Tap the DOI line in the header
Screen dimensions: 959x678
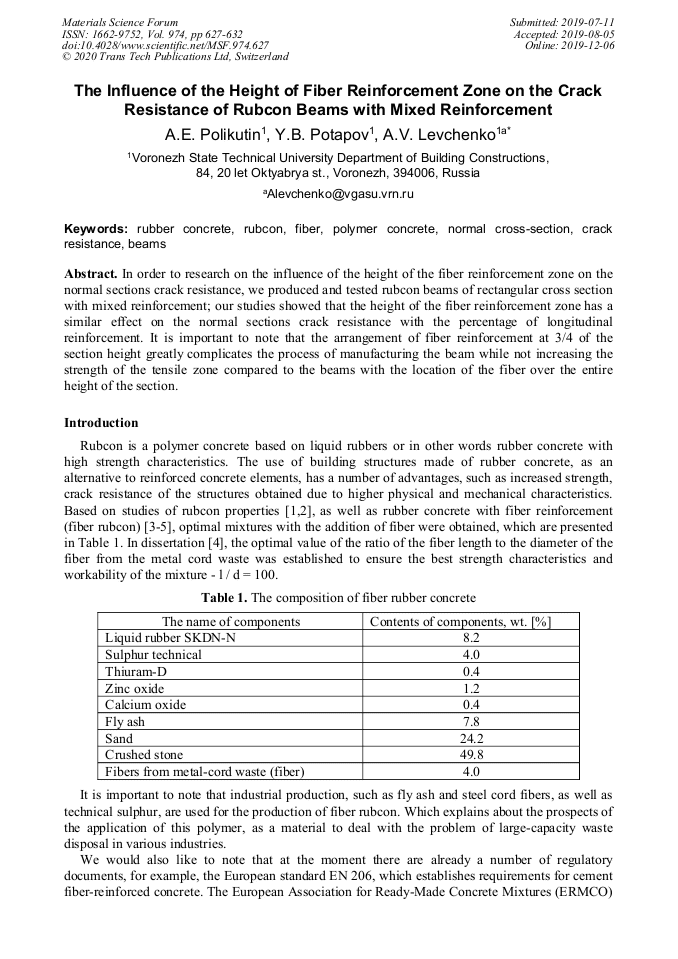pyautogui.click(x=165, y=45)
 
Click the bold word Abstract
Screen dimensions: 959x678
pyautogui.click(x=91, y=273)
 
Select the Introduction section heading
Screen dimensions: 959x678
pyautogui.click(x=101, y=423)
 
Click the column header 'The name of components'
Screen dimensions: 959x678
pyautogui.click(x=230, y=621)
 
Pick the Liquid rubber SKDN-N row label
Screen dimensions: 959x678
pyautogui.click(x=171, y=637)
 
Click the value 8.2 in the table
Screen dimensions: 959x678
pyautogui.click(x=472, y=637)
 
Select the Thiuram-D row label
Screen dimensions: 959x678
pyautogui.click(x=135, y=672)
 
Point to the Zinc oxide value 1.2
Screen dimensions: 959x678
pyautogui.click(x=472, y=689)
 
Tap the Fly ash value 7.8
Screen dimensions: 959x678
pyautogui.click(x=472, y=721)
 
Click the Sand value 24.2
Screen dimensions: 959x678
pyautogui.click(x=472, y=738)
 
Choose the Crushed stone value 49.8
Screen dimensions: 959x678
pyautogui.click(x=472, y=755)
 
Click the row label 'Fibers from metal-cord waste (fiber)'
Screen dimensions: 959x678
pyautogui.click(x=205, y=772)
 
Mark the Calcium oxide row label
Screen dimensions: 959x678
pyautogui.click(x=145, y=705)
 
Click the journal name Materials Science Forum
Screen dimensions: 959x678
pyautogui.click(x=120, y=21)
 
